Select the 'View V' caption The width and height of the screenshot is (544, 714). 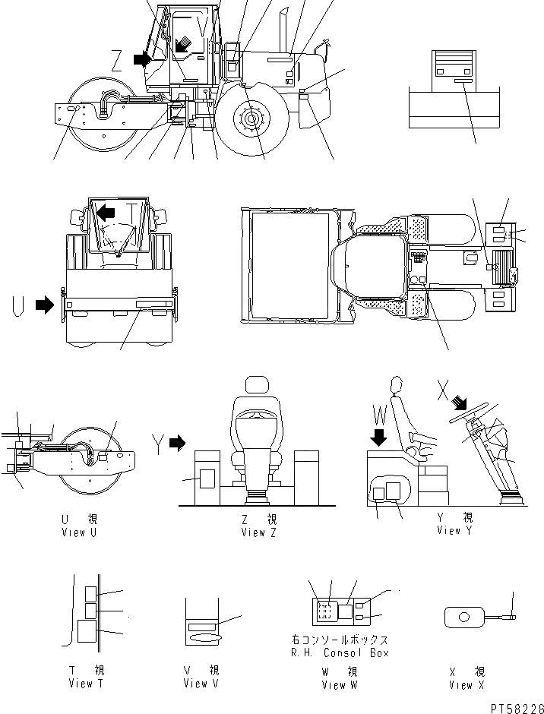201,684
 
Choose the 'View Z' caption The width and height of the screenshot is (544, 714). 260,532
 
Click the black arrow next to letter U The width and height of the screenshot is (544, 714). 46,306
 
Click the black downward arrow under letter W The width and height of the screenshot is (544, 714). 380,438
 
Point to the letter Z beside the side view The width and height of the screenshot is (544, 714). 116,60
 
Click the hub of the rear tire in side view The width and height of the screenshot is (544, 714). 251,120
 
